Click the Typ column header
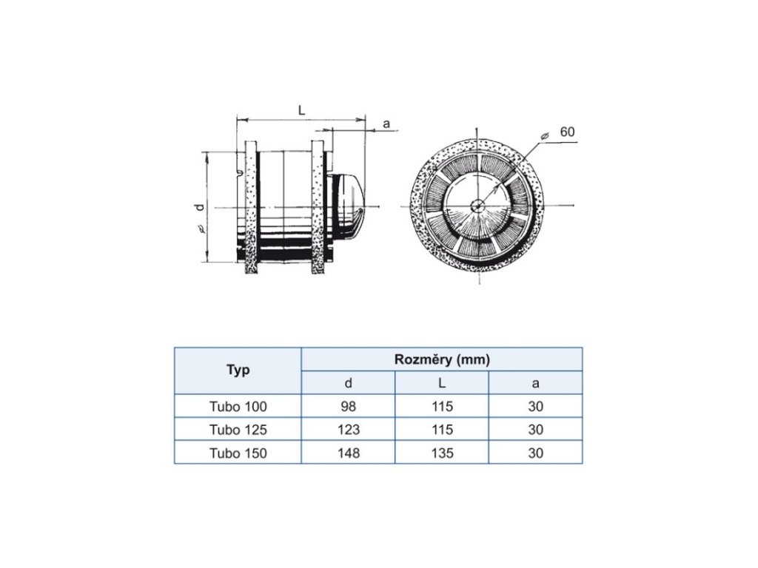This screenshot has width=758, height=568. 238,371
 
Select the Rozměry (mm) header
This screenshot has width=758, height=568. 442,359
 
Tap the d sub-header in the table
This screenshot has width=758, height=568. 348,383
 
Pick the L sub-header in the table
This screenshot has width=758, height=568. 442,383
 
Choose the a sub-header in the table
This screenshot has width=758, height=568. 535,383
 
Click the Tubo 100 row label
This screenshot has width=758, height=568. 238,406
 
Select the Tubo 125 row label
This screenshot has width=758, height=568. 238,430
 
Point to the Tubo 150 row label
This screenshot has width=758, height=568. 238,453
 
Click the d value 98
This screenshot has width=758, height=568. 348,406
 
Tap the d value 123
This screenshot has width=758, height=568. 348,430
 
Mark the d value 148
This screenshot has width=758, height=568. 348,453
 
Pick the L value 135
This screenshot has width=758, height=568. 442,453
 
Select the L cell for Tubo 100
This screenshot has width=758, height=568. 442,406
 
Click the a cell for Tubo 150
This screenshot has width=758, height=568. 535,453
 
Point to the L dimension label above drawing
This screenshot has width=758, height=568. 301,109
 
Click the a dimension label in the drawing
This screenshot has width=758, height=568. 386,124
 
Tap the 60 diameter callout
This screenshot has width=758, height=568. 567,132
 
